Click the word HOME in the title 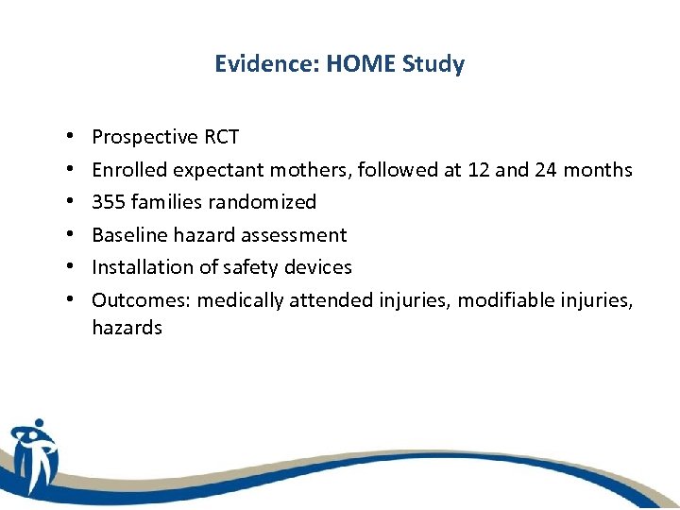(364, 64)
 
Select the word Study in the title (433, 65)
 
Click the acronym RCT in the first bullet (221, 137)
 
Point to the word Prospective (144, 137)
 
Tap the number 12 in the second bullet (479, 170)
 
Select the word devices (318, 267)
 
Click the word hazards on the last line (127, 329)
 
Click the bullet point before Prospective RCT (72, 138)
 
